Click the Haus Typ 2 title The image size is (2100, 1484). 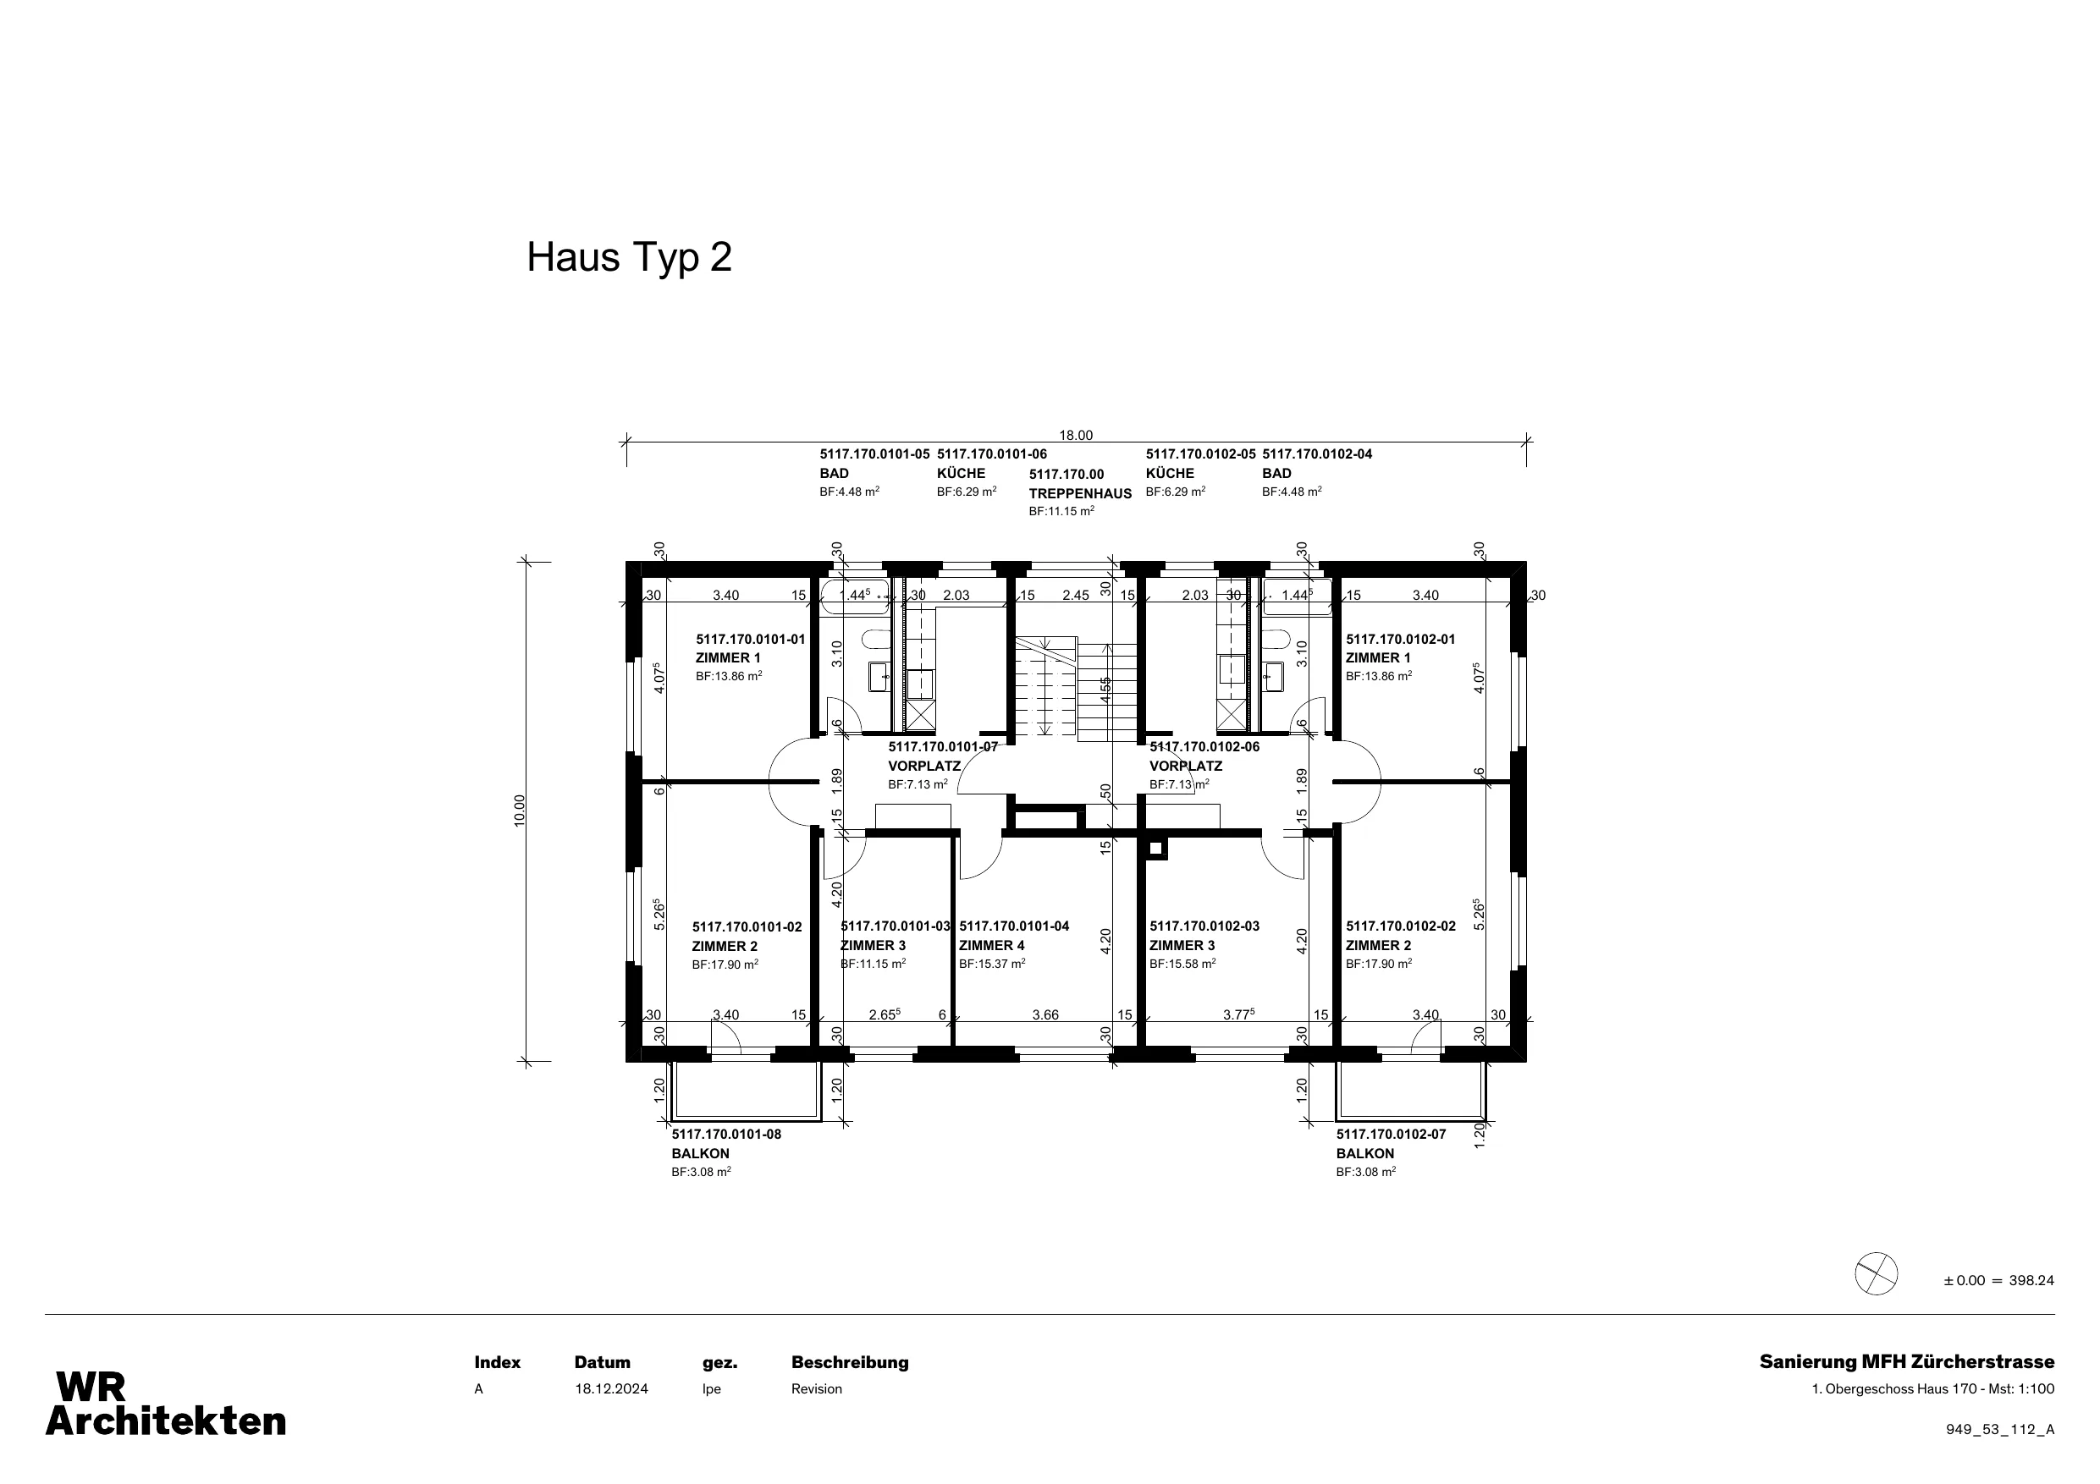[629, 258]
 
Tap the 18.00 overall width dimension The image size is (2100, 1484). [1076, 435]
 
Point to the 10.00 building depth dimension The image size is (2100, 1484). [520, 811]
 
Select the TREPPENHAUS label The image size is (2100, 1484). [1080, 494]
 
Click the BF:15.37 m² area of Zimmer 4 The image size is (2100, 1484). [992, 964]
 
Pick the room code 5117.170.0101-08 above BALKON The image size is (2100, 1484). [726, 1134]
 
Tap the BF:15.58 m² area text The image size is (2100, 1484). [1182, 964]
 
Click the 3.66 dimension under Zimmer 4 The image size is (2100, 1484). [1045, 1015]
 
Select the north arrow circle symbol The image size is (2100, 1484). [1876, 1272]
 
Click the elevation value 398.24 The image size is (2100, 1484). [2031, 1280]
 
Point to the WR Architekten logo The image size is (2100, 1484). [166, 1404]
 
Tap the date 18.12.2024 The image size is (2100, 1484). [611, 1389]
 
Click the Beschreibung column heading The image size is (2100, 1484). [850, 1362]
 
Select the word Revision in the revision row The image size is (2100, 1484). [817, 1389]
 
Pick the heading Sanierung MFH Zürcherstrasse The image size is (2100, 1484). [1907, 1362]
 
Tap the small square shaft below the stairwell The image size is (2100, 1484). [1156, 849]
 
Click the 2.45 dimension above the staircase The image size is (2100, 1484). [1076, 596]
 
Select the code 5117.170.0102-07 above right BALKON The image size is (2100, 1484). [1392, 1134]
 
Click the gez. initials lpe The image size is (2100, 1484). [712, 1389]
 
